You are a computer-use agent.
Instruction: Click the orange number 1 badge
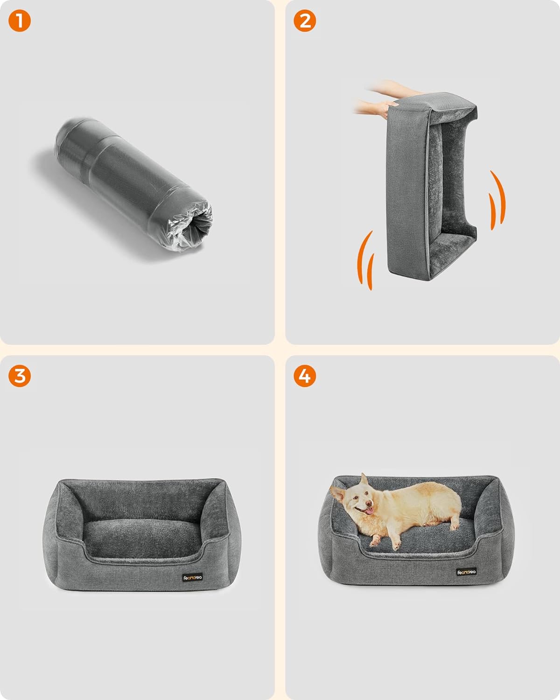[x=20, y=21]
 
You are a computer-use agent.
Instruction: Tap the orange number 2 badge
[x=305, y=21]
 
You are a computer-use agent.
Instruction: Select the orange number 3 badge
[x=20, y=376]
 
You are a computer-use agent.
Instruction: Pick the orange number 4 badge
[x=305, y=376]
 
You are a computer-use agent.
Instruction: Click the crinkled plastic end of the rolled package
[x=191, y=228]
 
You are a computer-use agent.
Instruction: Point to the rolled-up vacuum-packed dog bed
[x=133, y=184]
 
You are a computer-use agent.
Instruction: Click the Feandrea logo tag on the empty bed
[x=192, y=577]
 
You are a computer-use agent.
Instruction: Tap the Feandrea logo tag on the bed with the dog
[x=466, y=572]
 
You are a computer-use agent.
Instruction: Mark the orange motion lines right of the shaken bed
[x=497, y=200]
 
